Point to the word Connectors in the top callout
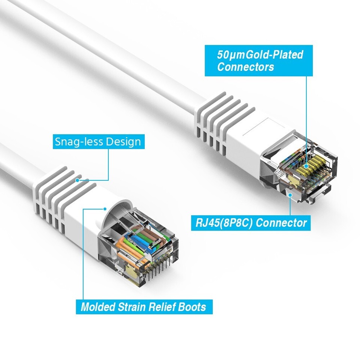[x=246, y=67]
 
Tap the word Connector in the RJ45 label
[x=282, y=223]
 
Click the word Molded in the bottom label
[x=98, y=307]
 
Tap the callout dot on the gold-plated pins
[x=306, y=166]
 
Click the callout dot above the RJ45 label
[x=290, y=195]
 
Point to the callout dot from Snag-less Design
[x=77, y=180]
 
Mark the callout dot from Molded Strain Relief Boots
[x=105, y=209]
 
